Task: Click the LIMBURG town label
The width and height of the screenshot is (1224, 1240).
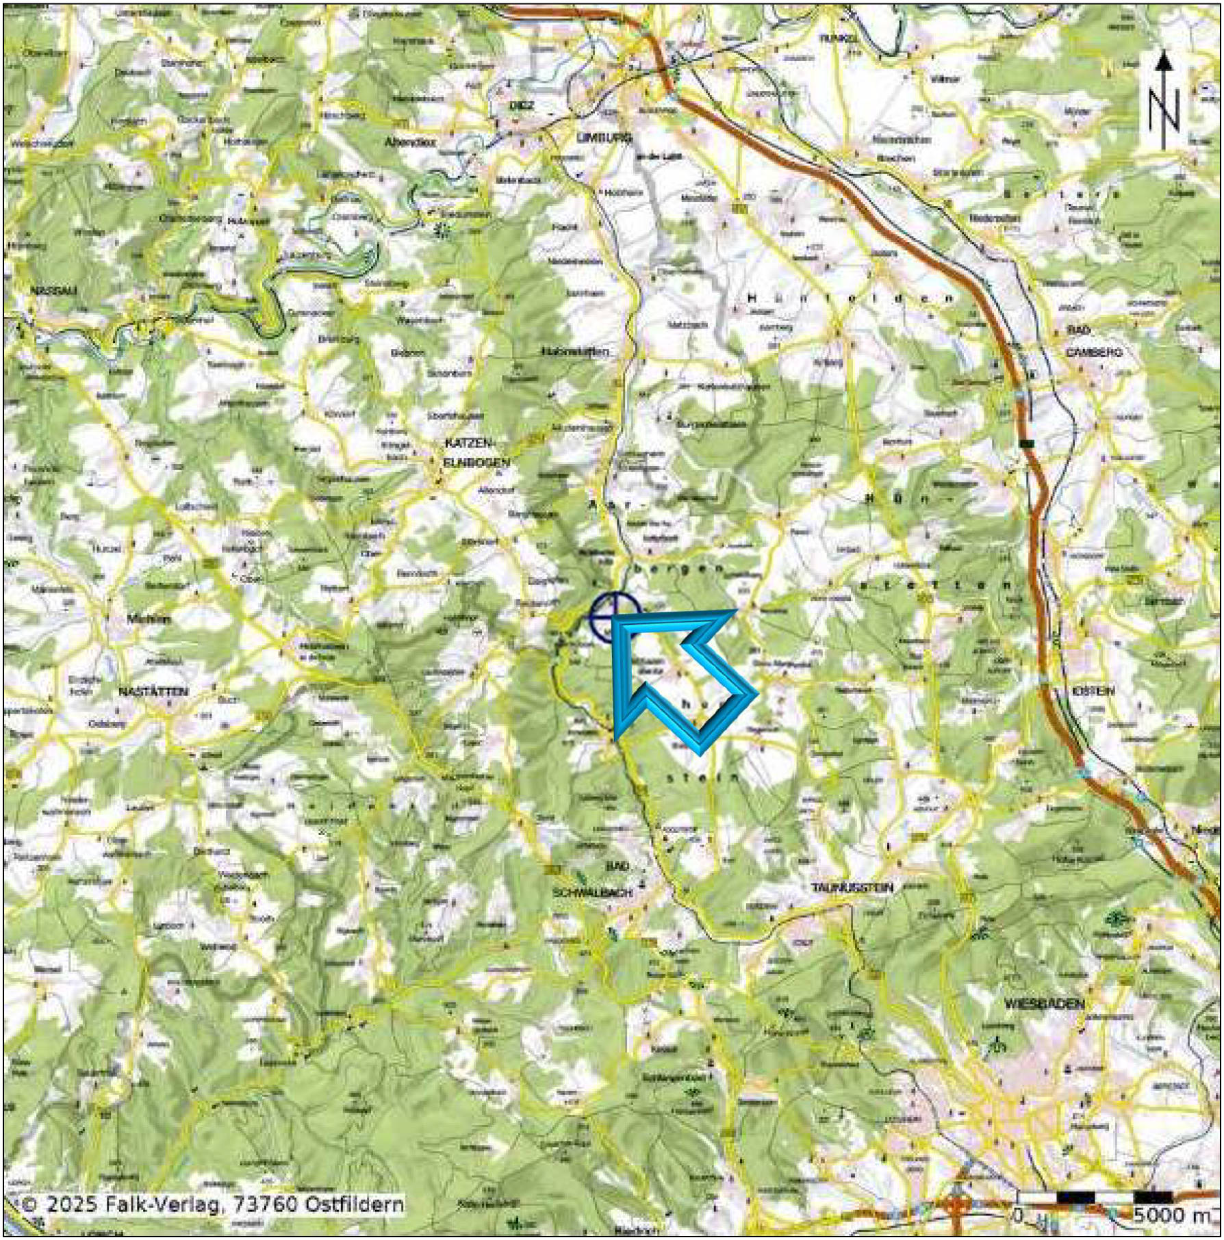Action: [x=594, y=138]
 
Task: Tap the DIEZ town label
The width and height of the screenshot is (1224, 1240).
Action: [x=522, y=105]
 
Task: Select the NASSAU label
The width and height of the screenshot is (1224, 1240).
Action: [x=53, y=290]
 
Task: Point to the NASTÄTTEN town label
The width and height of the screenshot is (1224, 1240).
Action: [x=153, y=692]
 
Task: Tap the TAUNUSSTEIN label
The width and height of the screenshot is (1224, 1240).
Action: [x=852, y=888]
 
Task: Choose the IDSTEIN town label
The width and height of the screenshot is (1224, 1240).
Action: [x=1093, y=691]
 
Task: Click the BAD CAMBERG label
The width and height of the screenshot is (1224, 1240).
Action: [x=1093, y=341]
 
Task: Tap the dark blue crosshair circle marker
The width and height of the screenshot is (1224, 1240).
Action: [x=614, y=617]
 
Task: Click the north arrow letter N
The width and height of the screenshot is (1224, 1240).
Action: [x=1163, y=112]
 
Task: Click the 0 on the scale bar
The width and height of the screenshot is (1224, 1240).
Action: [x=1019, y=1215]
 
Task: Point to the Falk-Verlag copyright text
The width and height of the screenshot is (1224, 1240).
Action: [x=212, y=1204]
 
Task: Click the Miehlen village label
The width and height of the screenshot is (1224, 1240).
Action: [x=149, y=619]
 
